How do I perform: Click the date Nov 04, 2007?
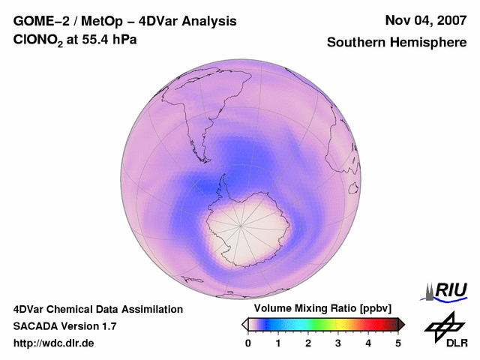[x=425, y=20]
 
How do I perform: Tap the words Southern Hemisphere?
[x=397, y=43]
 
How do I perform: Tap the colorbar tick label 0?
[x=248, y=343]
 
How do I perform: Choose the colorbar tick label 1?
[x=278, y=343]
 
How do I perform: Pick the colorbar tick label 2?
[x=308, y=343]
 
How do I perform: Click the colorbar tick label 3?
[x=338, y=343]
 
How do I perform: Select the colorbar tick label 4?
[x=368, y=343]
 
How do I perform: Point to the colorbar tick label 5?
[x=398, y=343]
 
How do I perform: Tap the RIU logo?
[x=447, y=290]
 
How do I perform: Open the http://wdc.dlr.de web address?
[x=54, y=343]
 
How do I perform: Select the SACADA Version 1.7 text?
[x=64, y=326]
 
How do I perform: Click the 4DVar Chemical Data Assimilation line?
[x=97, y=309]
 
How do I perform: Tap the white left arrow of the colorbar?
[x=244, y=324]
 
